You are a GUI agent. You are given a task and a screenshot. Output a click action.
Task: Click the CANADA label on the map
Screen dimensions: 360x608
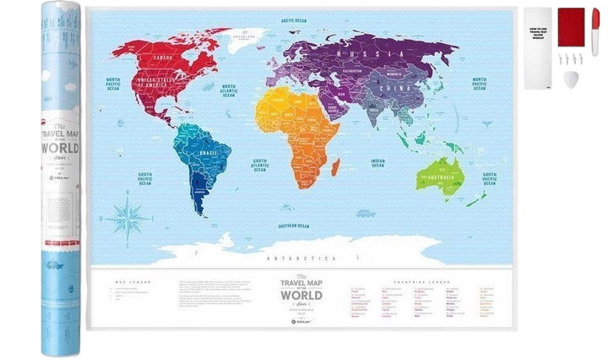click(x=162, y=57)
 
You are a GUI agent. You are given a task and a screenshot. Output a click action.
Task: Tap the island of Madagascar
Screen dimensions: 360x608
click(x=336, y=166)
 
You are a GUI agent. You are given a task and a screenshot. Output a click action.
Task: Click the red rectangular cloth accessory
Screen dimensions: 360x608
click(x=572, y=26)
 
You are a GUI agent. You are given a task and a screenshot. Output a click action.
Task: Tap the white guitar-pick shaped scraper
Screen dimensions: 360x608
click(x=572, y=79)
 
